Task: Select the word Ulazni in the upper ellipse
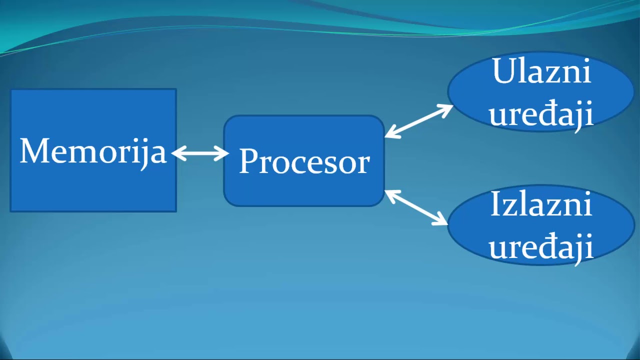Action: (541, 71)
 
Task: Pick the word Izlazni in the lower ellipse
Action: (541, 203)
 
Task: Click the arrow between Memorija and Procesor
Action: (200, 153)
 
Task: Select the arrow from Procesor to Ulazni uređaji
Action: (419, 121)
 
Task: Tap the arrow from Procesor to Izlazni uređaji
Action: (416, 207)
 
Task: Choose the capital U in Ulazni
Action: (505, 71)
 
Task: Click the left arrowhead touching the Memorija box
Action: (178, 153)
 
